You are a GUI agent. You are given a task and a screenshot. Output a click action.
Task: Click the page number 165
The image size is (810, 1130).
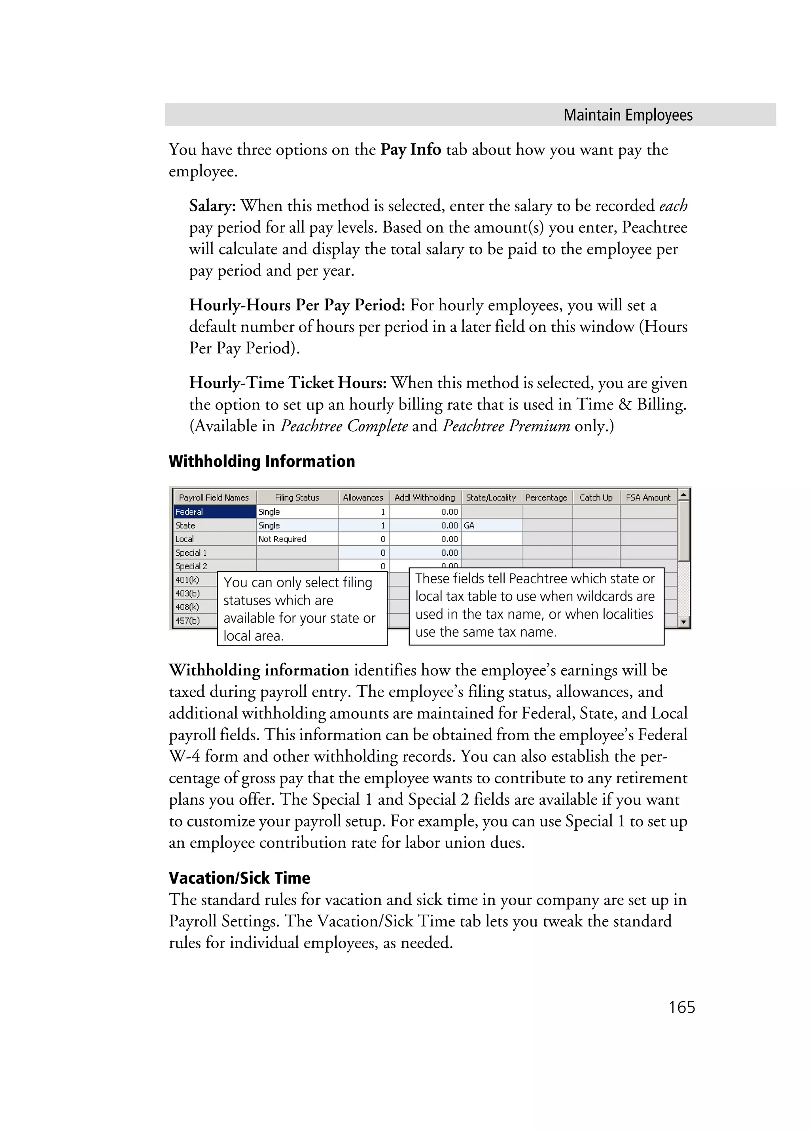point(681,1007)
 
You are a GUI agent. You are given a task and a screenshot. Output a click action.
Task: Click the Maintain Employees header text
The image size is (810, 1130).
point(628,115)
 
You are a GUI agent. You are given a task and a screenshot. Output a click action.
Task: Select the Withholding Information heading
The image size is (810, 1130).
point(262,461)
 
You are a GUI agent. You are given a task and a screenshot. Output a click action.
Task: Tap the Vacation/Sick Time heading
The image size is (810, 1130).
point(239,877)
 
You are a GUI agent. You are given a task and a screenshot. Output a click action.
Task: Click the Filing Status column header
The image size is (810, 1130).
point(297,497)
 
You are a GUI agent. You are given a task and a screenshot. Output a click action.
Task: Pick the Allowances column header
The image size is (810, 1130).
point(363,497)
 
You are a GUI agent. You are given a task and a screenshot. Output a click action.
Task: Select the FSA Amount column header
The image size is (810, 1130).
point(648,497)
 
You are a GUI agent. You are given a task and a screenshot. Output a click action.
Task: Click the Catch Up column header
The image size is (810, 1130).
point(596,497)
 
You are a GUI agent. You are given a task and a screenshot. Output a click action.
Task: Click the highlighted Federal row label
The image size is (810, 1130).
point(214,512)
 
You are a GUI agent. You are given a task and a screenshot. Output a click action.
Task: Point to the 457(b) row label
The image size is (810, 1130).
point(187,620)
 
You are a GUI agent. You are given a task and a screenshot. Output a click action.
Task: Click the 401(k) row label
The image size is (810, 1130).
point(187,579)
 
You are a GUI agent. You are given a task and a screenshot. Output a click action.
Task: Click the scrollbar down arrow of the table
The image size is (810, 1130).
point(684,621)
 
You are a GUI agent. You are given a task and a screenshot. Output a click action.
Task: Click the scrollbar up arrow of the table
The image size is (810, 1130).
point(684,494)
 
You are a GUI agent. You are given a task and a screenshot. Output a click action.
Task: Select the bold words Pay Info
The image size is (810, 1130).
point(411,149)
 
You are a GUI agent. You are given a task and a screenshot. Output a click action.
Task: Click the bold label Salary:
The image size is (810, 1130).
point(212,206)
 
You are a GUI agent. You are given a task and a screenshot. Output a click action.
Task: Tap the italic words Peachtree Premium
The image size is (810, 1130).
point(506,426)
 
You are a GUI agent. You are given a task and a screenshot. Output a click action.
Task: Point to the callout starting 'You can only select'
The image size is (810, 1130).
point(302,608)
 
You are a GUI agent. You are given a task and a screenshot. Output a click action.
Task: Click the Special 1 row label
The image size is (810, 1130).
point(191,553)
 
